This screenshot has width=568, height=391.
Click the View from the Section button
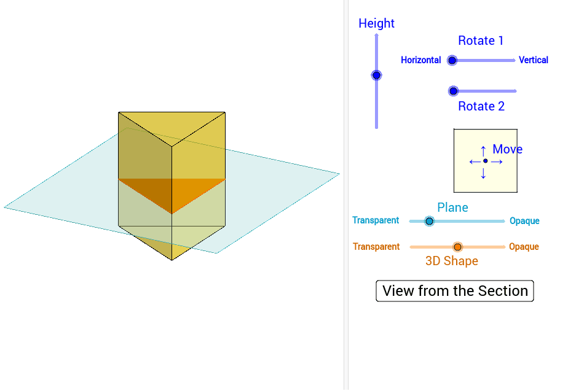click(455, 291)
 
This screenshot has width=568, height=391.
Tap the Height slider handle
click(376, 75)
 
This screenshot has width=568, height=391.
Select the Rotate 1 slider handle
click(452, 60)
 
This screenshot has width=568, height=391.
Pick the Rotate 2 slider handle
click(453, 91)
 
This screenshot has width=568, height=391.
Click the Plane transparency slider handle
click(429, 221)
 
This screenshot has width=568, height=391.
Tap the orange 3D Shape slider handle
click(457, 247)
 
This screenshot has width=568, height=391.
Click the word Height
click(376, 23)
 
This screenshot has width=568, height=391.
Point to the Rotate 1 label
click(481, 41)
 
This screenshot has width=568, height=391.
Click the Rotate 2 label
click(481, 106)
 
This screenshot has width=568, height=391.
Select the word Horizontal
click(420, 60)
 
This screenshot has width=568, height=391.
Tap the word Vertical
click(533, 60)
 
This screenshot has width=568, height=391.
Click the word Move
click(507, 149)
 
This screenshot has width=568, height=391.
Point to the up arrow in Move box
click(483, 150)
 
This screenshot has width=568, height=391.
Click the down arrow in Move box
click(483, 174)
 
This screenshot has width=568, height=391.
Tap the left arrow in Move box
click(474, 161)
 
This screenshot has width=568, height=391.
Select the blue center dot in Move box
click(485, 161)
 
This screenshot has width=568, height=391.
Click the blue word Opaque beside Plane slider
click(524, 221)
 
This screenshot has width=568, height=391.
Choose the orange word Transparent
click(376, 247)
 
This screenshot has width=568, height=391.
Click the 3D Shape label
click(452, 261)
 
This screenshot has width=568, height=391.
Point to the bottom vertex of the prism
click(172, 260)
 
